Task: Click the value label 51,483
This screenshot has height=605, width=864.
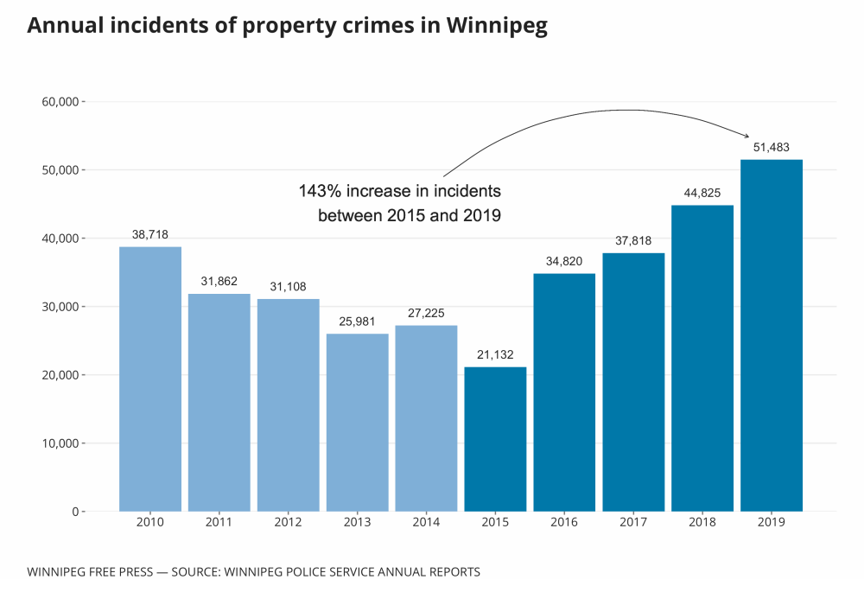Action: coord(771,148)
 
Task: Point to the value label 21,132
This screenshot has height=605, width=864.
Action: coord(495,355)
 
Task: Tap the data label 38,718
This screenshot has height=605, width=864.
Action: coord(150,234)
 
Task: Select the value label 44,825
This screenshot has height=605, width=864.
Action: coord(702,193)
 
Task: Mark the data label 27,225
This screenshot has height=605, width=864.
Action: coord(426,313)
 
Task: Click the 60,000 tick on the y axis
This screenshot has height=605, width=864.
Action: coord(60,102)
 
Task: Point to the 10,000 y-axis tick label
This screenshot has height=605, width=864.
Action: coord(60,443)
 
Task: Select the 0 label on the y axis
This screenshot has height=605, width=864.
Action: coord(75,512)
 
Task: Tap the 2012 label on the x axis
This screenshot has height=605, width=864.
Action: coord(289,523)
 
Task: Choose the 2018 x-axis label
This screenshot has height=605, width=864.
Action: coord(702,523)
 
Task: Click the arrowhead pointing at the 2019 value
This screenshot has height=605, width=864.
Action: coord(746,135)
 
